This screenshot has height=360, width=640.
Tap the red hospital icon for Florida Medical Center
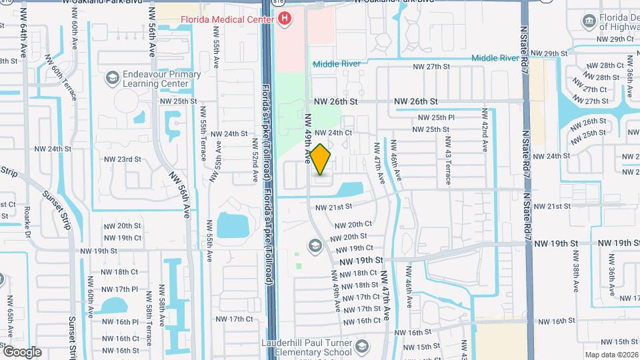[285, 19]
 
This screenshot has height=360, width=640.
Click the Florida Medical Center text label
[227, 19]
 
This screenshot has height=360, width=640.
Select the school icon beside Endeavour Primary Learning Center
[111, 79]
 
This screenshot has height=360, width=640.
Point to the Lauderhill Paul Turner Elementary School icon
[361, 347]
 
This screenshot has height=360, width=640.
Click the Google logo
[21, 352]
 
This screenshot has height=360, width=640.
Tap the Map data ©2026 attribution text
[611, 355]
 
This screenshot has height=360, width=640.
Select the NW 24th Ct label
[333, 133]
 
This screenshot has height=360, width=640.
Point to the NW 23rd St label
[123, 159]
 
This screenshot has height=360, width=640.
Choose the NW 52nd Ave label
[255, 161]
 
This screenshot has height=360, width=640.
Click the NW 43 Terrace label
[448, 161]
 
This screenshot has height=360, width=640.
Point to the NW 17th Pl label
[121, 289]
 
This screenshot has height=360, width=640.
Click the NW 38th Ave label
[574, 280]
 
